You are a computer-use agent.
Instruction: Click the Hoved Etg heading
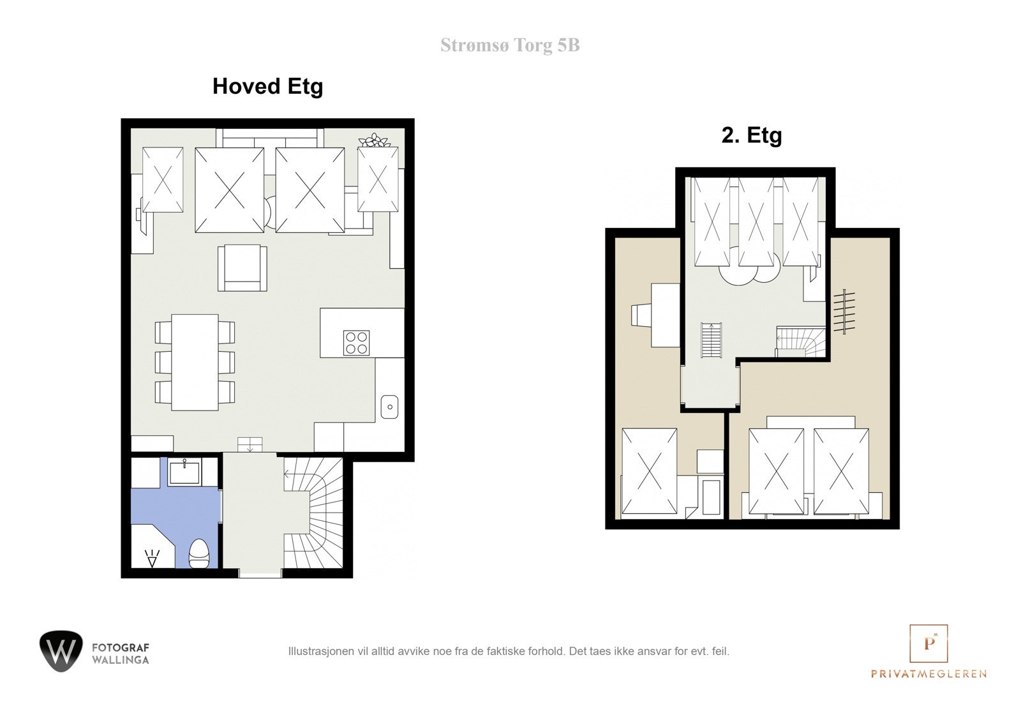(267, 87)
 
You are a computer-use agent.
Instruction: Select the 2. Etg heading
(752, 135)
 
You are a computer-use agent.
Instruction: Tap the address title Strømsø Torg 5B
(510, 45)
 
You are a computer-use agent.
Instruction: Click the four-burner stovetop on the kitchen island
(356, 343)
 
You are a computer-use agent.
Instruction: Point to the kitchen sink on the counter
(389, 407)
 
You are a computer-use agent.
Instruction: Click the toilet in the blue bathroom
(198, 553)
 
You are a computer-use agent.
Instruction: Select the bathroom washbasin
(184, 472)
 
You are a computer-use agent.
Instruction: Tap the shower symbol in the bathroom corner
(152, 559)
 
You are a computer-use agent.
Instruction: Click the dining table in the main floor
(195, 362)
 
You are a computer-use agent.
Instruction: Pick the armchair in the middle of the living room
(242, 267)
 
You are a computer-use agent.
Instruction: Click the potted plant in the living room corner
(375, 140)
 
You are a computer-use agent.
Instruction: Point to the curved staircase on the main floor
(313, 513)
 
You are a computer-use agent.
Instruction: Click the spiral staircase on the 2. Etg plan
(800, 342)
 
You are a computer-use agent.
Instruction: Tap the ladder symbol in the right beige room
(844, 312)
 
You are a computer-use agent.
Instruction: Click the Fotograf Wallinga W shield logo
(61, 651)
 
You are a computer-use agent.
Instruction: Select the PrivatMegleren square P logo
(928, 643)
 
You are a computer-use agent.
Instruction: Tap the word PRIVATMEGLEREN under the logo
(929, 673)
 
